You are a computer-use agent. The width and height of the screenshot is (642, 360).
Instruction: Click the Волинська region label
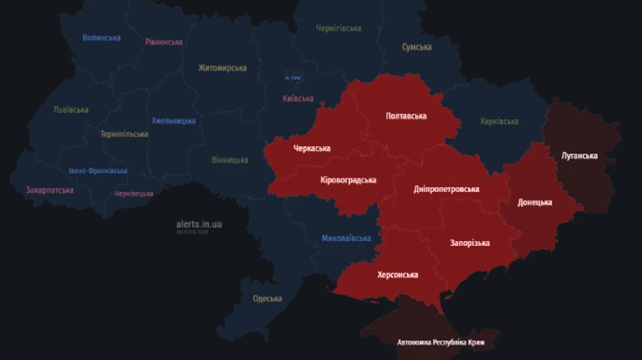pyautogui.click(x=101, y=38)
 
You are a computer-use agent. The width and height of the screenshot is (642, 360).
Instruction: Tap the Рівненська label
pyautogui.click(x=163, y=42)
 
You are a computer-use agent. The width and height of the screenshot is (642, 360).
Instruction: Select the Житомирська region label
pyautogui.click(x=223, y=68)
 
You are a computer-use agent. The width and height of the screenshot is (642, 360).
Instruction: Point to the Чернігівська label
pyautogui.click(x=338, y=29)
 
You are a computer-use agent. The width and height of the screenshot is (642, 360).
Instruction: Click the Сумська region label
pyautogui.click(x=417, y=47)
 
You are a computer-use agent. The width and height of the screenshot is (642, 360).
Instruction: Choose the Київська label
pyautogui.click(x=297, y=99)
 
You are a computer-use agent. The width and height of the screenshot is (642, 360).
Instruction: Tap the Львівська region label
pyautogui.click(x=71, y=110)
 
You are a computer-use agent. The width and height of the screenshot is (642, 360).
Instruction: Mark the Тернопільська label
pyautogui.click(x=124, y=134)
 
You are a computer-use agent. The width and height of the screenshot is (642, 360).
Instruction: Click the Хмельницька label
pyautogui.click(x=173, y=121)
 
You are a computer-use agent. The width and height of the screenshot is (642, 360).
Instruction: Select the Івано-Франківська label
pyautogui.click(x=98, y=171)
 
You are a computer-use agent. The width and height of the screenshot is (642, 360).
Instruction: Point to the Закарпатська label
pyautogui.click(x=49, y=190)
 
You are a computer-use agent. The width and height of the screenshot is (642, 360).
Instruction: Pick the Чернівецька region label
pyautogui.click(x=133, y=194)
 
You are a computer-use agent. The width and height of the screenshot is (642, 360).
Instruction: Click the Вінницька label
pyautogui.click(x=230, y=160)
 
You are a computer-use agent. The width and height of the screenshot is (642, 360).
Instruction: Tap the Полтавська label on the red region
pyautogui.click(x=406, y=115)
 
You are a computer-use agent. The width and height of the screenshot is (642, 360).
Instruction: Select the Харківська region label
pyautogui.click(x=499, y=122)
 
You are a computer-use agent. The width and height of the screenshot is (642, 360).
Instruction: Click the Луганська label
pyautogui.click(x=579, y=155)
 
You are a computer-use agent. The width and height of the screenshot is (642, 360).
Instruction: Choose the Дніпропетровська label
pyautogui.click(x=447, y=190)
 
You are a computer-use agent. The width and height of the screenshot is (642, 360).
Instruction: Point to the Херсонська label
pyautogui.click(x=397, y=274)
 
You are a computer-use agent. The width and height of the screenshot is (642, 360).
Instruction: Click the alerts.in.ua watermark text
pyautogui.click(x=199, y=224)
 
